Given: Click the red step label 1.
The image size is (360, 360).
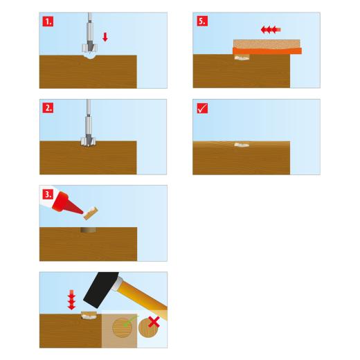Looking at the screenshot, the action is tap(48, 21).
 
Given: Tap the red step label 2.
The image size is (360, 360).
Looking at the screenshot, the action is tap(48, 108).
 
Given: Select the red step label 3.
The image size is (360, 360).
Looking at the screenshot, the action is tap(48, 195).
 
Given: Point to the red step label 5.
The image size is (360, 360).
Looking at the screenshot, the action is tap(202, 21).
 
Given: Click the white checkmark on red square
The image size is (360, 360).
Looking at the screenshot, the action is tap(202, 108).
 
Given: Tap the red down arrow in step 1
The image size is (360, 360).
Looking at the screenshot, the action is tap(105, 37).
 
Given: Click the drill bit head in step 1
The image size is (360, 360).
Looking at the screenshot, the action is tap(89, 48).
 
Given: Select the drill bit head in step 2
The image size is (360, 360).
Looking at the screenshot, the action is tap(88, 141).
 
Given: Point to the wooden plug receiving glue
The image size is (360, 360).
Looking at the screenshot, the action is tap(91, 213).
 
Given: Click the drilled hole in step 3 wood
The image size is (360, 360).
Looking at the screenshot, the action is tap(88, 230).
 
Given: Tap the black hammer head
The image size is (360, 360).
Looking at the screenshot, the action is tap(101, 289).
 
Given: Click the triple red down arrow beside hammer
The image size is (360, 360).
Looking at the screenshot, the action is tap(71, 300).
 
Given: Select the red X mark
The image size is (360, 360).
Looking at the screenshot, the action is tap(154, 322).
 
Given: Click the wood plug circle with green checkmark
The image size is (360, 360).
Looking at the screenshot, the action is tap(122, 327).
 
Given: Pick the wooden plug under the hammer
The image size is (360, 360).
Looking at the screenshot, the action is tap(89, 316).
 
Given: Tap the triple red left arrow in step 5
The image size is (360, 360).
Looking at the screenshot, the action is tap(271, 30).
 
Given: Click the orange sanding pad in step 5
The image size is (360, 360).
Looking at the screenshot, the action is tap(267, 51).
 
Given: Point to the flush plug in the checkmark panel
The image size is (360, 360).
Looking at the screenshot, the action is tap(242, 145).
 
